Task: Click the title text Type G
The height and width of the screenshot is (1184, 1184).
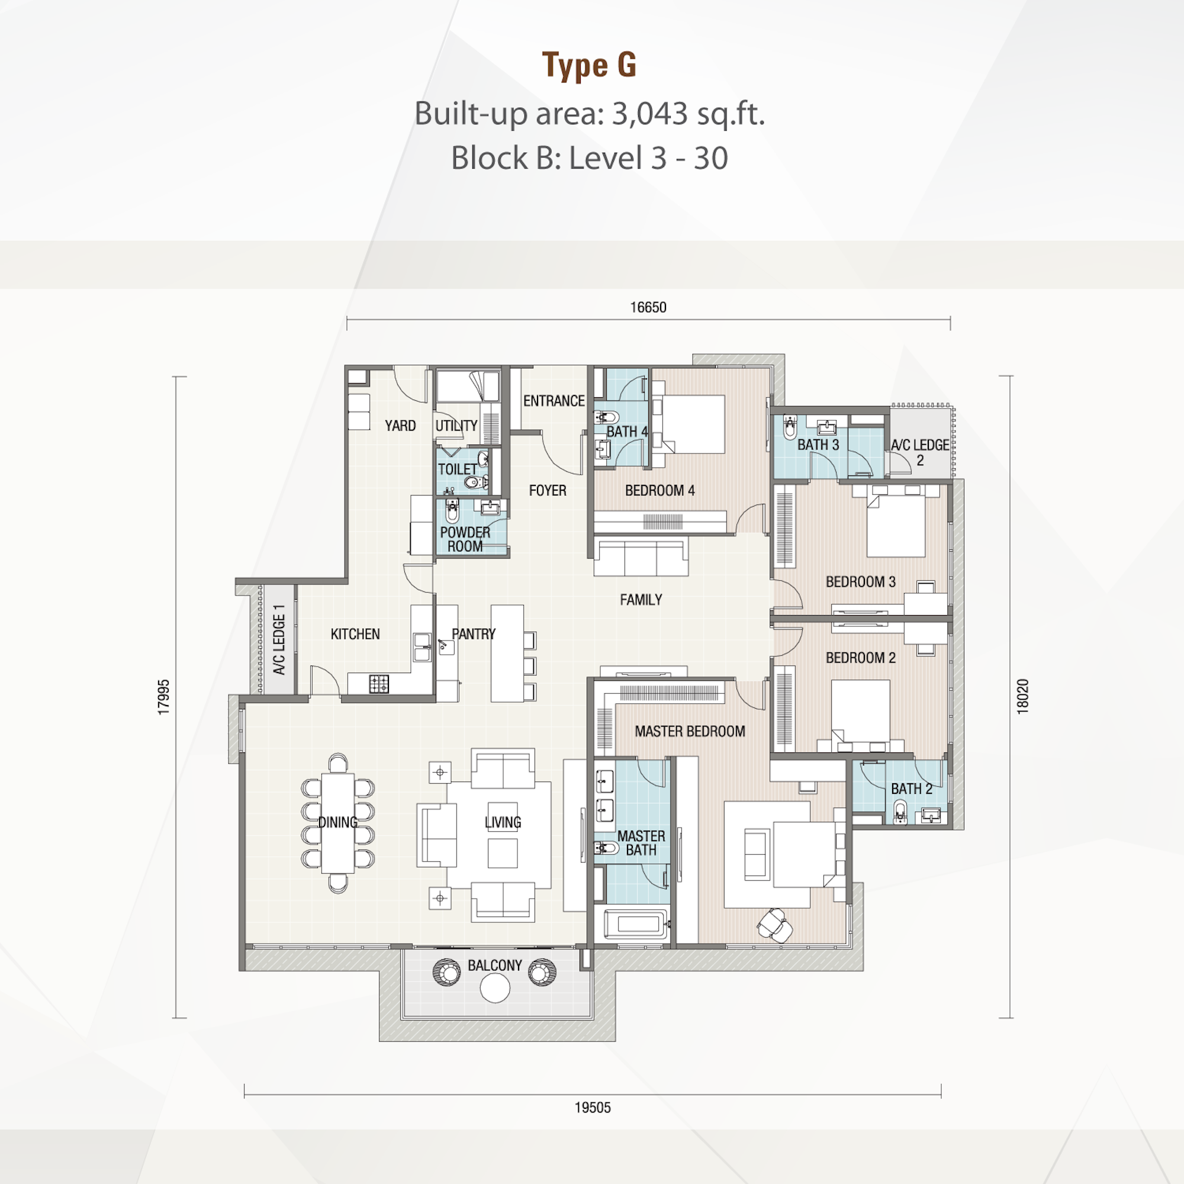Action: [590, 65]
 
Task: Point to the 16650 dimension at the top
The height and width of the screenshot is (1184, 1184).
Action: [648, 308]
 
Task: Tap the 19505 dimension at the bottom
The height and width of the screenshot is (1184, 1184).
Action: [593, 1108]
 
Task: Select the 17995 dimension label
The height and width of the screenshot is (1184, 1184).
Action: [163, 697]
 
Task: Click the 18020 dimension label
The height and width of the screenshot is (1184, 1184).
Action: [1022, 696]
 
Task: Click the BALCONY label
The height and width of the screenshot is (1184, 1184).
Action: [494, 965]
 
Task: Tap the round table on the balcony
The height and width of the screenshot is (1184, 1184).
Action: [495, 988]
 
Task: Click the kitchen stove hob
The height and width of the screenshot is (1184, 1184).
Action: [379, 684]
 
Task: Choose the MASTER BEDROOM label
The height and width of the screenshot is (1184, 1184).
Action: [690, 731]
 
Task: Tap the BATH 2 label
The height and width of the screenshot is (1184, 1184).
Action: [911, 789]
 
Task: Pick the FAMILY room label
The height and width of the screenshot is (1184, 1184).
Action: [641, 599]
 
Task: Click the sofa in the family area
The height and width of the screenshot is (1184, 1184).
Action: [641, 556]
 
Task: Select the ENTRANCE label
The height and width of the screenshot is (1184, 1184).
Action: [554, 401]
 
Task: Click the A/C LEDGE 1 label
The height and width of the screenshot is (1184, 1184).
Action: [279, 640]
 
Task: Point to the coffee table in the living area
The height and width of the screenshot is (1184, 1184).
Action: [503, 852]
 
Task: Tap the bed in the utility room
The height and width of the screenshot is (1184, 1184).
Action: [467, 386]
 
